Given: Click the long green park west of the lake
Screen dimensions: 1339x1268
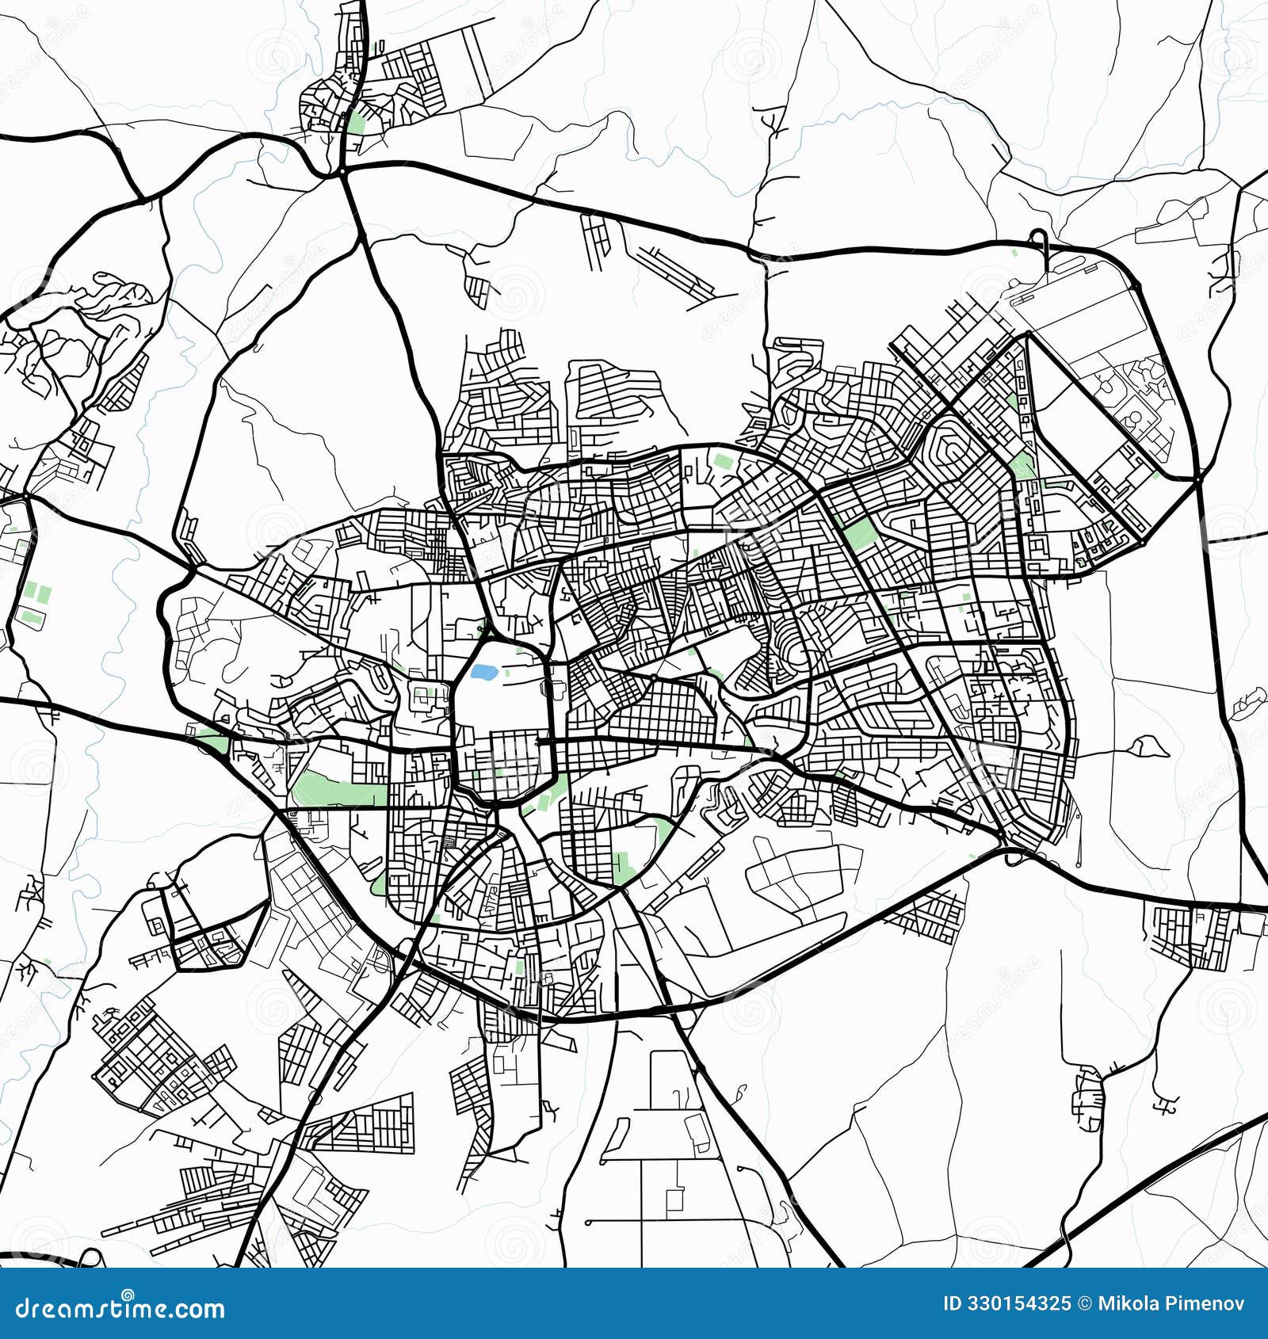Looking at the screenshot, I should click(x=339, y=792).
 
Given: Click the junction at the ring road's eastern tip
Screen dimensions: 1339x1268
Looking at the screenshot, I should click(x=1197, y=479).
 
